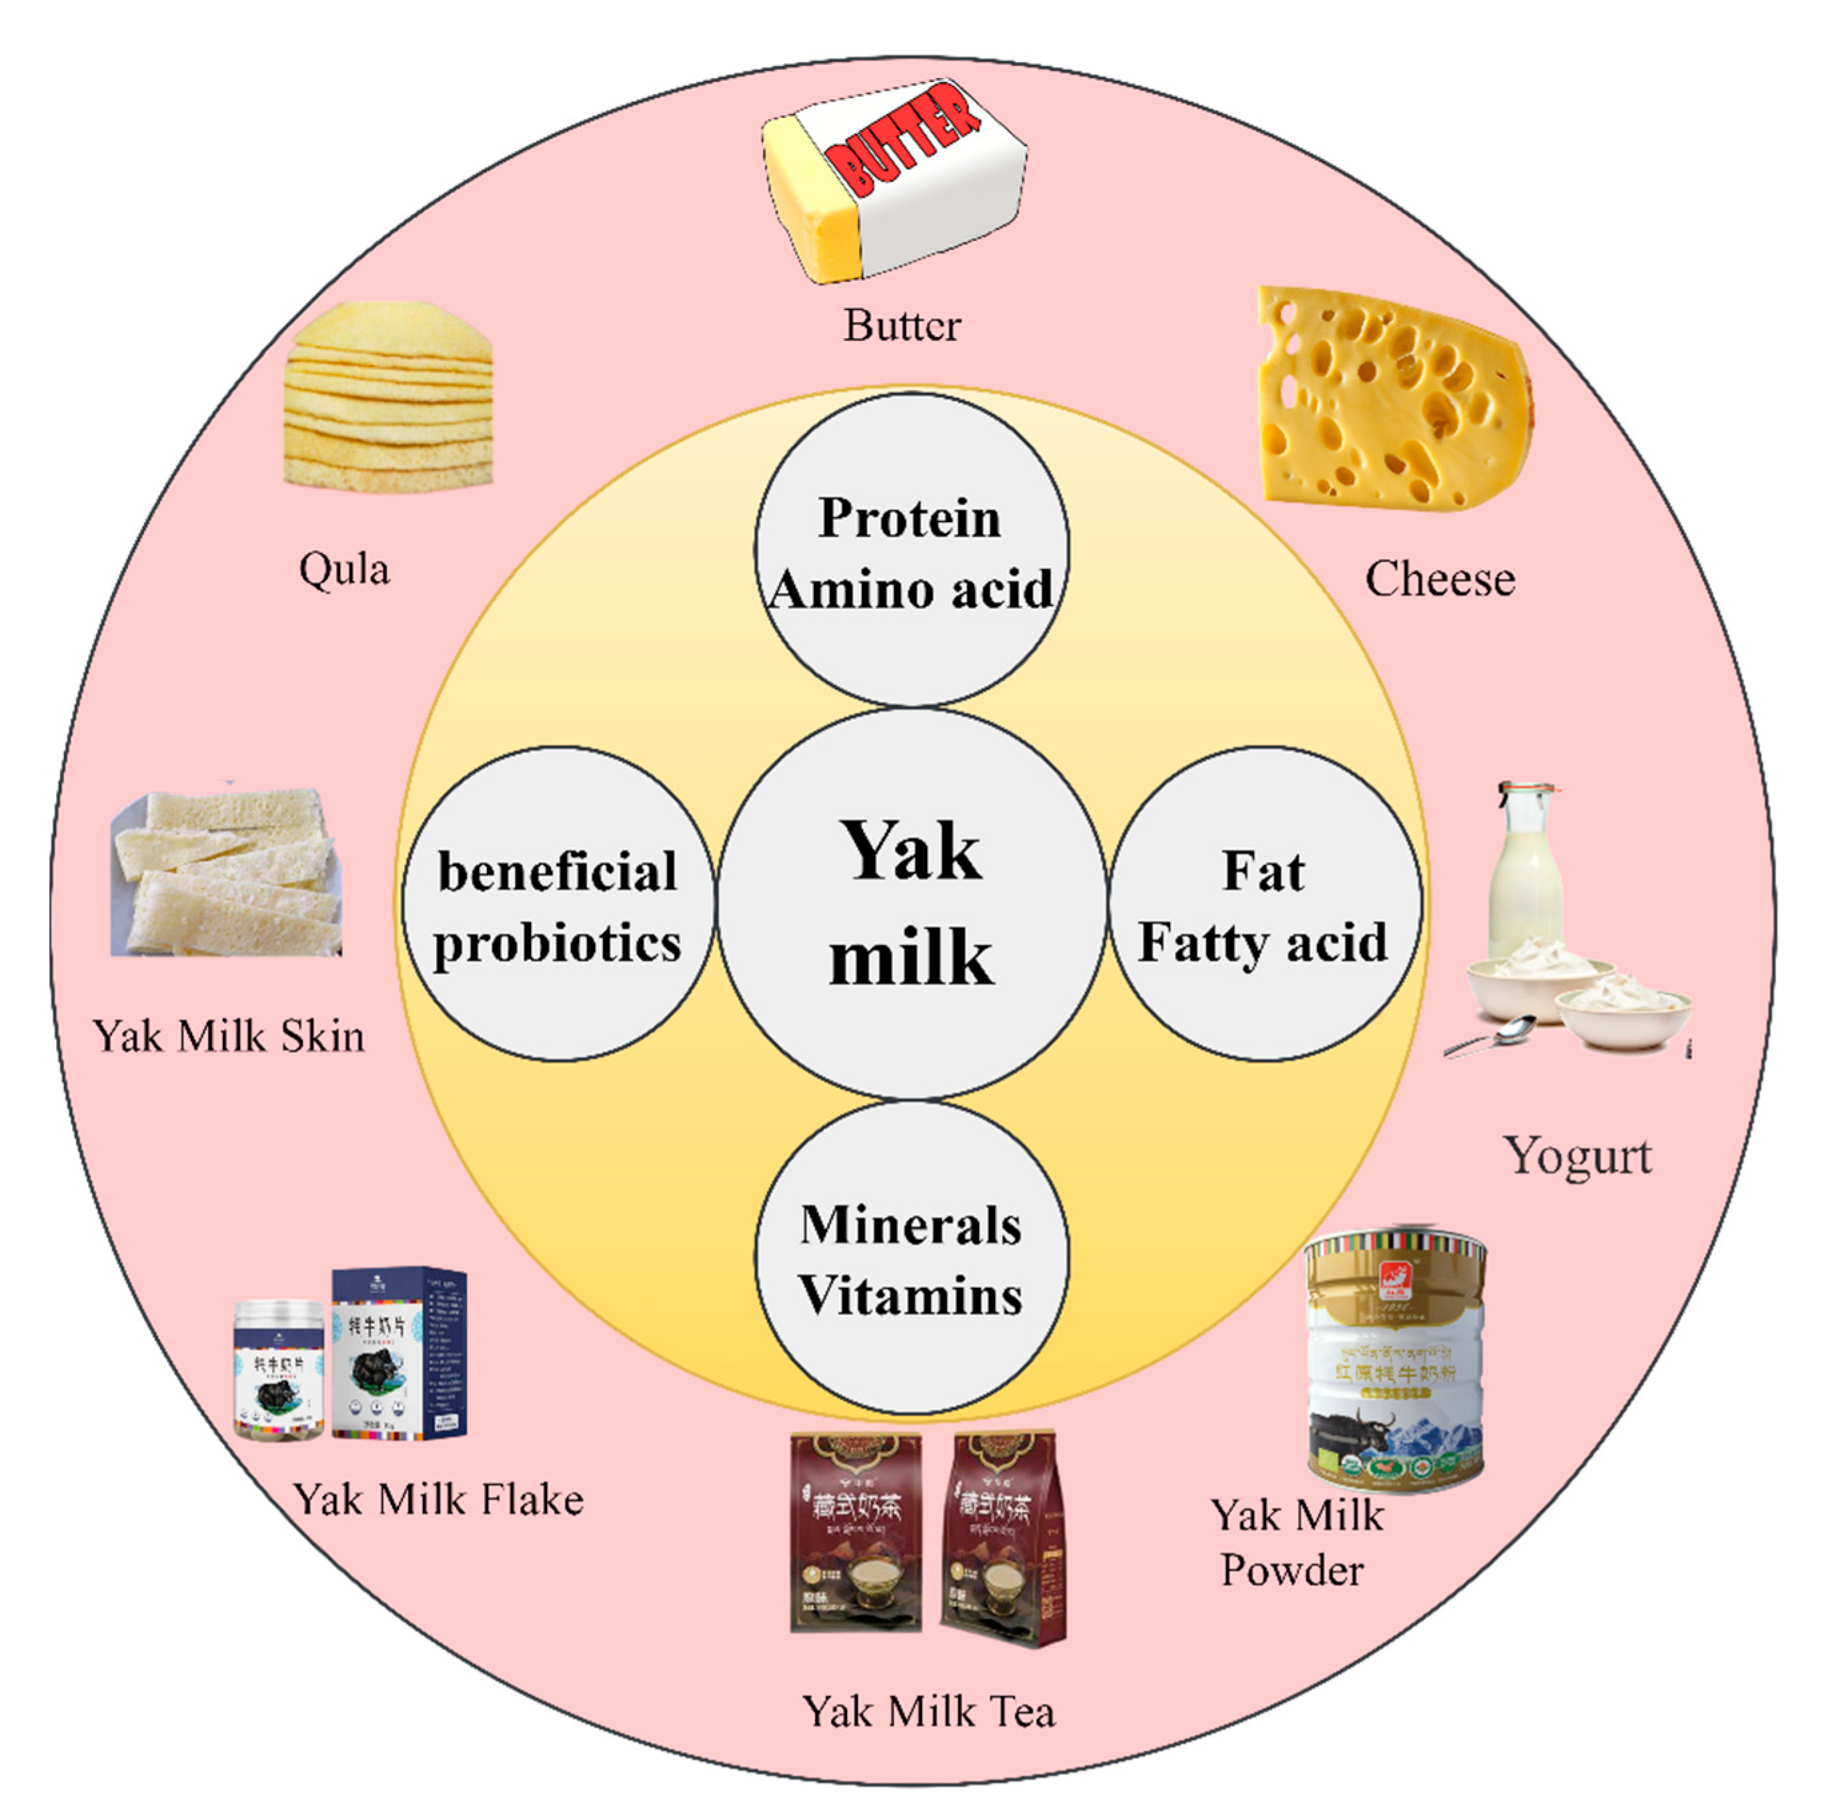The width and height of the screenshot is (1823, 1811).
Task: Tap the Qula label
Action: tap(344, 569)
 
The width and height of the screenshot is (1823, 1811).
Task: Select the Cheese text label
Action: tap(1440, 579)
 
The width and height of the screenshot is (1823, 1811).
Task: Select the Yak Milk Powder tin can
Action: tap(1395, 1359)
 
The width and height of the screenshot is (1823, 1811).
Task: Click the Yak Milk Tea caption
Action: tap(929, 1711)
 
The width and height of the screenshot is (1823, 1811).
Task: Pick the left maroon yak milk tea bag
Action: tap(856, 1533)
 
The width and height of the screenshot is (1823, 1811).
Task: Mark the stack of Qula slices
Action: tap(389, 398)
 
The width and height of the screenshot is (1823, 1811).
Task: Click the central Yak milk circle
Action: tap(911, 903)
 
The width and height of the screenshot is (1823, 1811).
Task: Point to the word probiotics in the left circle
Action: tap(557, 944)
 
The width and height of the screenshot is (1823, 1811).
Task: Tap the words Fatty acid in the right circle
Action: tap(1263, 942)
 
